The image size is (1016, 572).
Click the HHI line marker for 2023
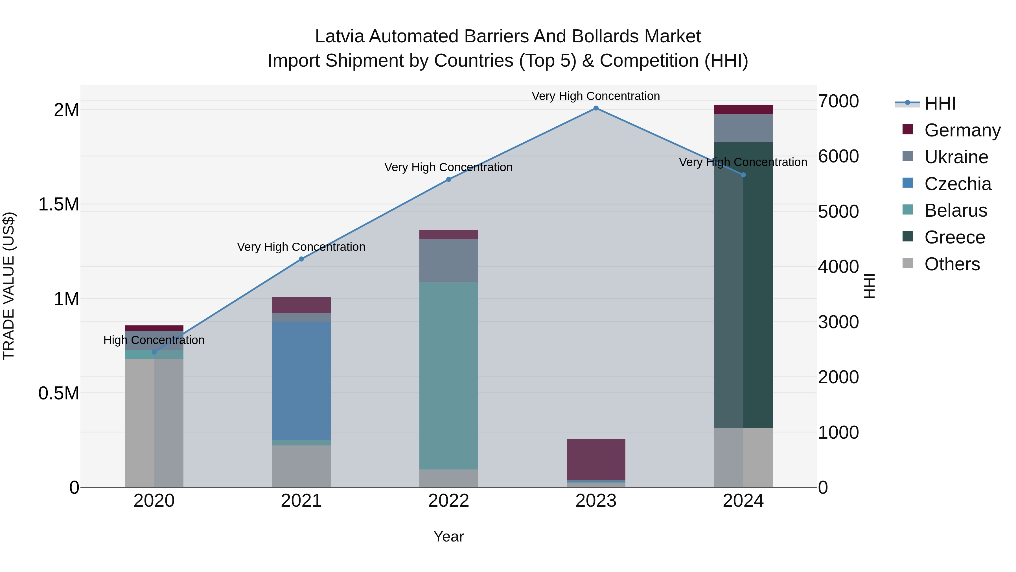596,108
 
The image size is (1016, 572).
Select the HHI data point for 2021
301,259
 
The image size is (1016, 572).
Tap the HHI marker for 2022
448,179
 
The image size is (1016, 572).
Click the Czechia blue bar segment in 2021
301,381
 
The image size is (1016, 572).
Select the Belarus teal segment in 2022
448,375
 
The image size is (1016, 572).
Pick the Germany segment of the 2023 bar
596,459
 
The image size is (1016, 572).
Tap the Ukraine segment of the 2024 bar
743,128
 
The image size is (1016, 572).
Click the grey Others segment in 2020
154,422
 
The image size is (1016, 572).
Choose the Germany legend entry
962,130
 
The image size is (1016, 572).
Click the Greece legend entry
954,237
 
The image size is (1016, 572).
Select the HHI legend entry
940,103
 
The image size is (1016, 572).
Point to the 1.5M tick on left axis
58,205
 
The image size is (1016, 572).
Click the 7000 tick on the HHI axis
838,101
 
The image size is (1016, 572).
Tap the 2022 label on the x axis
448,501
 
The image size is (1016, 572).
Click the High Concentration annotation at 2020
154,340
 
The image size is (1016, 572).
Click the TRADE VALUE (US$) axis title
9,286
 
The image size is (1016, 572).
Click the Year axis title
448,536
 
